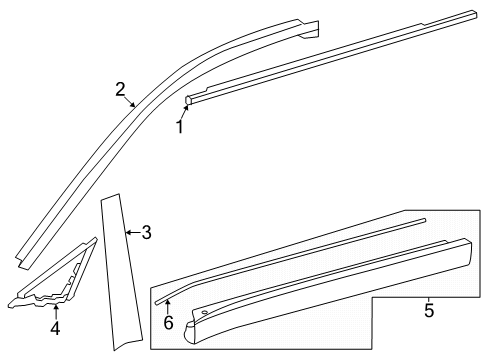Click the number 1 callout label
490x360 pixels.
pyautogui.click(x=180, y=127)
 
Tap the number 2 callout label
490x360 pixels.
pyautogui.click(x=120, y=91)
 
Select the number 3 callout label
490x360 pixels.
pyautogui.click(x=146, y=233)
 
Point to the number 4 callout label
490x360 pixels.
pyautogui.click(x=56, y=326)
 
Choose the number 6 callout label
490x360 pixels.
pyautogui.click(x=169, y=323)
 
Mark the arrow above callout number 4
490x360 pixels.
pyautogui.click(x=56, y=308)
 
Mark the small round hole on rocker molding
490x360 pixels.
pyautogui.click(x=204, y=314)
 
